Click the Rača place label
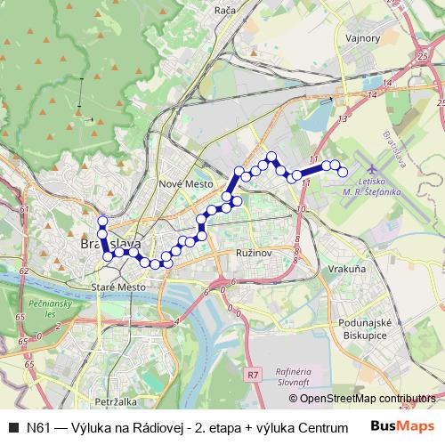point(224,11)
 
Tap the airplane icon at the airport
point(370,171)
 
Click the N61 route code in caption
point(39,426)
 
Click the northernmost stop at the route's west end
point(102,222)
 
